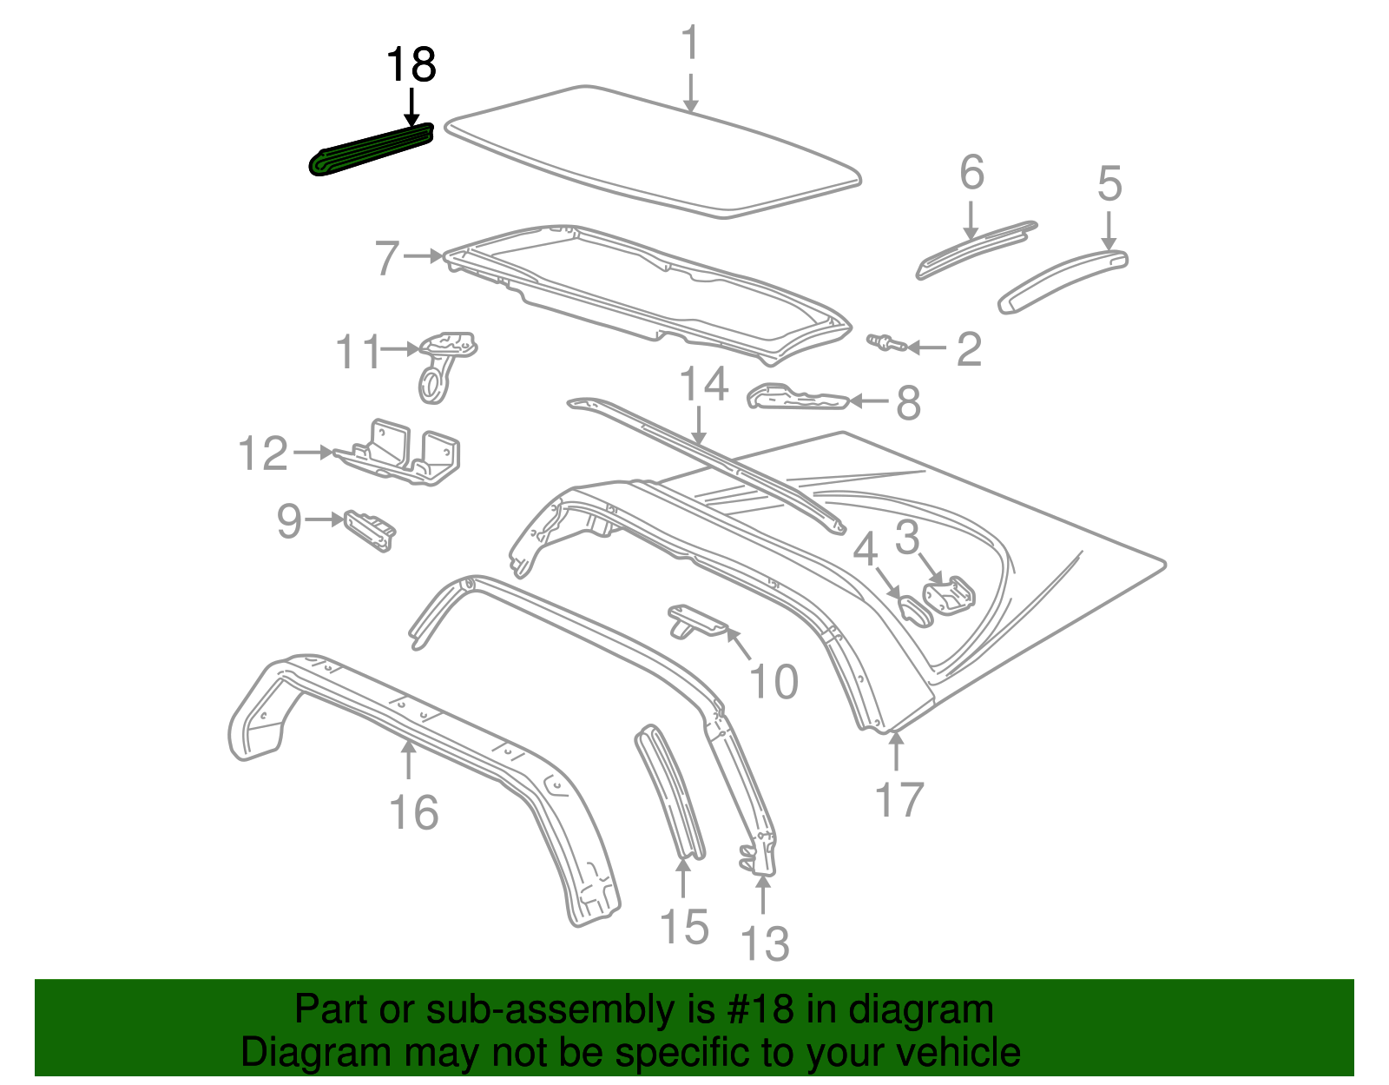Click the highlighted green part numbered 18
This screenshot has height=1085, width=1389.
(x=372, y=149)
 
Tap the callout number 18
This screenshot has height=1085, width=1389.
(x=411, y=65)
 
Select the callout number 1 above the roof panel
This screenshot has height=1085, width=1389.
(x=690, y=43)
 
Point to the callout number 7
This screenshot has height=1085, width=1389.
(x=387, y=258)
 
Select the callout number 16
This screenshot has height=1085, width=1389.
(x=414, y=812)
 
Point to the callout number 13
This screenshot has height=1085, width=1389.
(x=765, y=943)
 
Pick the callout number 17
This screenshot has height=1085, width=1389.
(x=899, y=800)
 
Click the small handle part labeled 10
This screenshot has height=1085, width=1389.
(x=698, y=620)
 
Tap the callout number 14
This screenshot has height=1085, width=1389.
(x=703, y=384)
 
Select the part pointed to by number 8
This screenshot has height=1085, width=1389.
(x=798, y=397)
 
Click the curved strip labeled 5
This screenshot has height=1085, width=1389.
(x=1063, y=281)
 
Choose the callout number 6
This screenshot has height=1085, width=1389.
(x=971, y=172)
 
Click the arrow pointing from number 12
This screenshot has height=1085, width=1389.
(x=314, y=452)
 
